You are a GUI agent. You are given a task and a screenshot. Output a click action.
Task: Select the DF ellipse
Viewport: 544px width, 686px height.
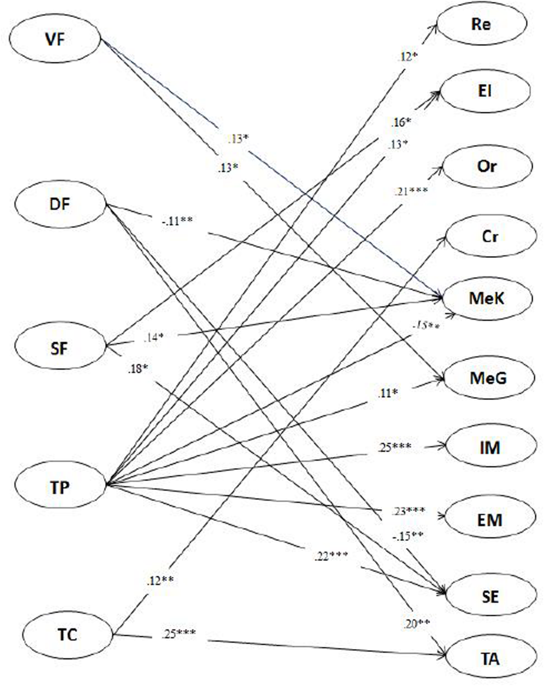coord(60,204)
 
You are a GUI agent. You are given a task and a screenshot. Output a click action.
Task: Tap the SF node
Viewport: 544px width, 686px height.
coord(60,348)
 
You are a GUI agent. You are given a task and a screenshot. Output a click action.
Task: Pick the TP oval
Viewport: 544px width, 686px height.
coord(60,487)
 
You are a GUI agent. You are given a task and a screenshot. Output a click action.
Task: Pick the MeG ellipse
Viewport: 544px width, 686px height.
coord(488,378)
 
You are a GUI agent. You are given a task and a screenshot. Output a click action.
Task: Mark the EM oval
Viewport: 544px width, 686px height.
coord(490,520)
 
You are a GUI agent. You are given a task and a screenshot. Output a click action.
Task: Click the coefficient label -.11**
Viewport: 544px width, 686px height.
coord(177,221)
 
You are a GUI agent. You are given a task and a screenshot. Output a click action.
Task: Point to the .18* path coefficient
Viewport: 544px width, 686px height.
coord(138,369)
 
